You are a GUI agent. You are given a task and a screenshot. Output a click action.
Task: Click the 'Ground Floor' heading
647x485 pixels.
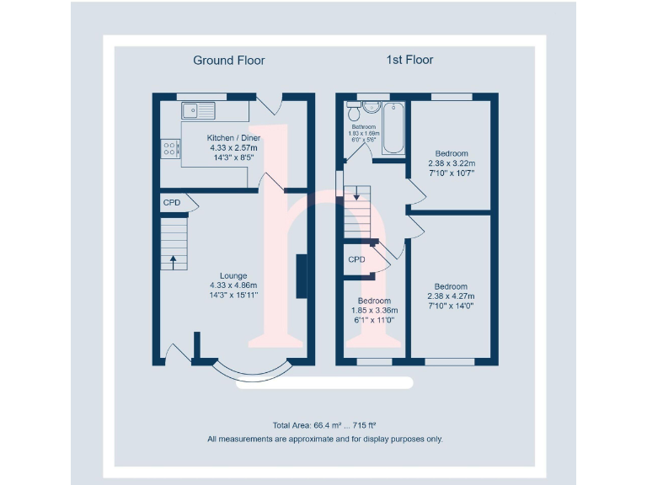click(x=229, y=61)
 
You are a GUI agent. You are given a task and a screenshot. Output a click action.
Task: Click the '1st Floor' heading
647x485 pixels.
click(x=410, y=61)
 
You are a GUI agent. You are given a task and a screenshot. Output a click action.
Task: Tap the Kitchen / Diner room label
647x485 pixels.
click(x=233, y=137)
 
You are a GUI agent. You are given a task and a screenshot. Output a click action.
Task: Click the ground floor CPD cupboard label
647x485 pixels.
click(x=172, y=203)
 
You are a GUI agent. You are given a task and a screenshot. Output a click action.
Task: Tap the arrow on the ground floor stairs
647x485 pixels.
click(x=174, y=261)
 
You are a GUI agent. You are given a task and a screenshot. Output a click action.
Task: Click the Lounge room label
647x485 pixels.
click(x=233, y=275)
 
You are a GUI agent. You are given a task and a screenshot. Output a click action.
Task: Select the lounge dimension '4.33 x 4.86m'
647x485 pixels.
click(x=233, y=285)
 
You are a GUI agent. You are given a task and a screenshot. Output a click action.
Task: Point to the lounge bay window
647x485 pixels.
click(x=250, y=372)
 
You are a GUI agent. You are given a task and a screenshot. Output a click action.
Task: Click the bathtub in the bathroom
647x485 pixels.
click(x=393, y=128)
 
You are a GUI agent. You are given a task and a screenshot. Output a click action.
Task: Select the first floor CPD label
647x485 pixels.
click(x=357, y=259)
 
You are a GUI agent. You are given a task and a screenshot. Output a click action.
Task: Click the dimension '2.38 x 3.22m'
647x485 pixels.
click(x=452, y=163)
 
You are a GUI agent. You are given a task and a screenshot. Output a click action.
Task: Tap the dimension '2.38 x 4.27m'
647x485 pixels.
click(x=452, y=296)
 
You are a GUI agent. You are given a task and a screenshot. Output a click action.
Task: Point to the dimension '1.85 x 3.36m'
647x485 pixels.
click(x=374, y=311)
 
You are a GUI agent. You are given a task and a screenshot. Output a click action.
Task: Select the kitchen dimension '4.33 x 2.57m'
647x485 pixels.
click(x=233, y=147)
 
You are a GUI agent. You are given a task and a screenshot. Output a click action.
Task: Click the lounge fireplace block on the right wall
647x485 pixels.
click(x=301, y=276)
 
